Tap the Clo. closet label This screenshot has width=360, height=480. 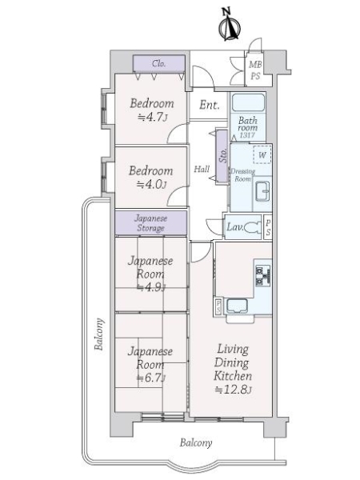click(x=159, y=64)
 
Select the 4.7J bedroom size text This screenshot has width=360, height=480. click(x=152, y=118)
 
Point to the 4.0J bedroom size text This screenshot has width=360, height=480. click(x=151, y=185)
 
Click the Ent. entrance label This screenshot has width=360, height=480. click(x=210, y=105)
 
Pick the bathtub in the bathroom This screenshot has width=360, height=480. click(x=248, y=103)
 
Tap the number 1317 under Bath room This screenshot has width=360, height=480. click(x=247, y=135)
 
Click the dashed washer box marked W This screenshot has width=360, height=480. click(x=262, y=154)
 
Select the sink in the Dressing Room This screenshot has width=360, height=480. click(x=262, y=191)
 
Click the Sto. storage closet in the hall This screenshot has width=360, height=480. click(x=222, y=156)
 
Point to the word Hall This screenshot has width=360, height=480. click(x=202, y=169)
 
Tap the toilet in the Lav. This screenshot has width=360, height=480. click(x=253, y=227)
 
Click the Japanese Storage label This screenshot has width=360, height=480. click(x=151, y=223)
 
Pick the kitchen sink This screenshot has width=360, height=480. click(x=237, y=306)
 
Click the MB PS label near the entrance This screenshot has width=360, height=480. click(x=255, y=70)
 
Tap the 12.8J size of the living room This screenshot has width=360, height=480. click(x=234, y=390)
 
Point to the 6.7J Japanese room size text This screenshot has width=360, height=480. click(x=151, y=378)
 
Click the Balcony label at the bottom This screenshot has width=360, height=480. click(x=196, y=442)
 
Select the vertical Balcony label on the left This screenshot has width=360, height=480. click(x=99, y=334)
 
